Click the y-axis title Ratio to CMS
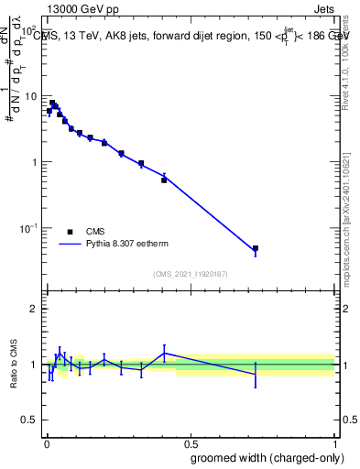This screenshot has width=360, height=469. click(x=14, y=365)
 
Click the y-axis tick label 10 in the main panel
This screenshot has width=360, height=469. click(x=29, y=96)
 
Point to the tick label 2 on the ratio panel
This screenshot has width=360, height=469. click(x=34, y=309)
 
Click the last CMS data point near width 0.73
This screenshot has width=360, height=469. click(x=256, y=248)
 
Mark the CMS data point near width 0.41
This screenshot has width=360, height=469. click(x=164, y=180)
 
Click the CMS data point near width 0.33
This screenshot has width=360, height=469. click(x=141, y=163)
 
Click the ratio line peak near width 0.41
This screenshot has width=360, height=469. click(x=164, y=353)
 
